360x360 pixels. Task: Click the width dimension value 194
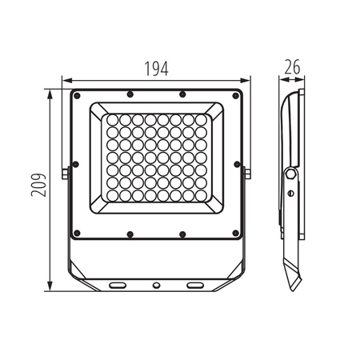pos(157,69)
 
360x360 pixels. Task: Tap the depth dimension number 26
pos(292,68)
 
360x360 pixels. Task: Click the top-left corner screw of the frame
pos(77,95)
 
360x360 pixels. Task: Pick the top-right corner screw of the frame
pos(236,95)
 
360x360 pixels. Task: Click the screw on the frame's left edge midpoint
pos(75,164)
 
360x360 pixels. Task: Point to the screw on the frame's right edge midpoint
pos(238,164)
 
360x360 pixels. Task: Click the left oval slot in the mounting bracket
pos(117,285)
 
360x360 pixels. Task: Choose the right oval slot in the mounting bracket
pos(196,285)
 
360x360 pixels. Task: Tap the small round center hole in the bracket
pos(156,285)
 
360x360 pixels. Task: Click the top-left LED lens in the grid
pos(113,120)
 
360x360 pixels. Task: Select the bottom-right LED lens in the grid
pos(199,195)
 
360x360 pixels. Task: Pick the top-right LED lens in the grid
pos(199,120)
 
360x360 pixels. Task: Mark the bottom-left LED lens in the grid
pos(113,195)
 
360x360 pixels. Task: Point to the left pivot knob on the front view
pos(64,173)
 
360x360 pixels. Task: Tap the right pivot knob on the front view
pos(248,173)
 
